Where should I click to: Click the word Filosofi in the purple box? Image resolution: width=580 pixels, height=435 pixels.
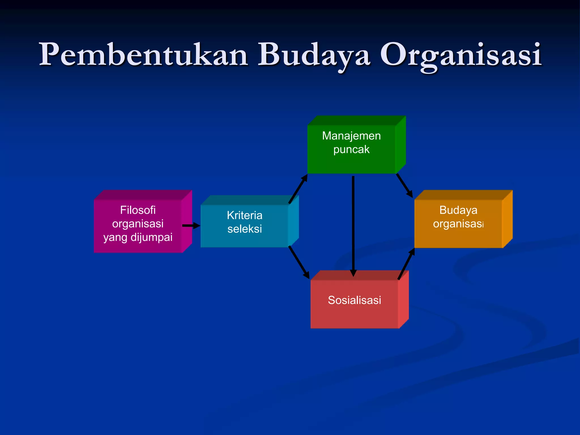138,210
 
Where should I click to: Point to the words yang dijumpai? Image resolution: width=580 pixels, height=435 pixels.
138,237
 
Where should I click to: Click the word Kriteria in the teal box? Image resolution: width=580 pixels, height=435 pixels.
244,216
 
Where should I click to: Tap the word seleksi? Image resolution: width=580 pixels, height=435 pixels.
244,229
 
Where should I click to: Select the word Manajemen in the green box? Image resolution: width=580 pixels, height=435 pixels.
351,136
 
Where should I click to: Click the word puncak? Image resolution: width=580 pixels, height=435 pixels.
351,150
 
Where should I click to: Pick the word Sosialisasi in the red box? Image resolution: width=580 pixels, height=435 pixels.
354,300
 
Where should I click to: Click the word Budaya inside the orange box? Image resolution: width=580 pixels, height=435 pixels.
458,210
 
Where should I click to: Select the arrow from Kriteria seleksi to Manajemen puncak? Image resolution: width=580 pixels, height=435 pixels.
298,189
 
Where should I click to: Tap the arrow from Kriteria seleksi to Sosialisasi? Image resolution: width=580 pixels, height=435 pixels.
298,262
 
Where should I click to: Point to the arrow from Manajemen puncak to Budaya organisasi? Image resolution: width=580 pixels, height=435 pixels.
404,185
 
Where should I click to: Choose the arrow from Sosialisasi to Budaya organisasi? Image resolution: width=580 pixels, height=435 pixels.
406,264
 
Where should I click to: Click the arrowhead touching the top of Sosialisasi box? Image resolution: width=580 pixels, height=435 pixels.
353,273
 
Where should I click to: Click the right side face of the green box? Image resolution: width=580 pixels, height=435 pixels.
400,144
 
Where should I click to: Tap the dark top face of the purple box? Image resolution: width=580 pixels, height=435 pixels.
143,195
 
